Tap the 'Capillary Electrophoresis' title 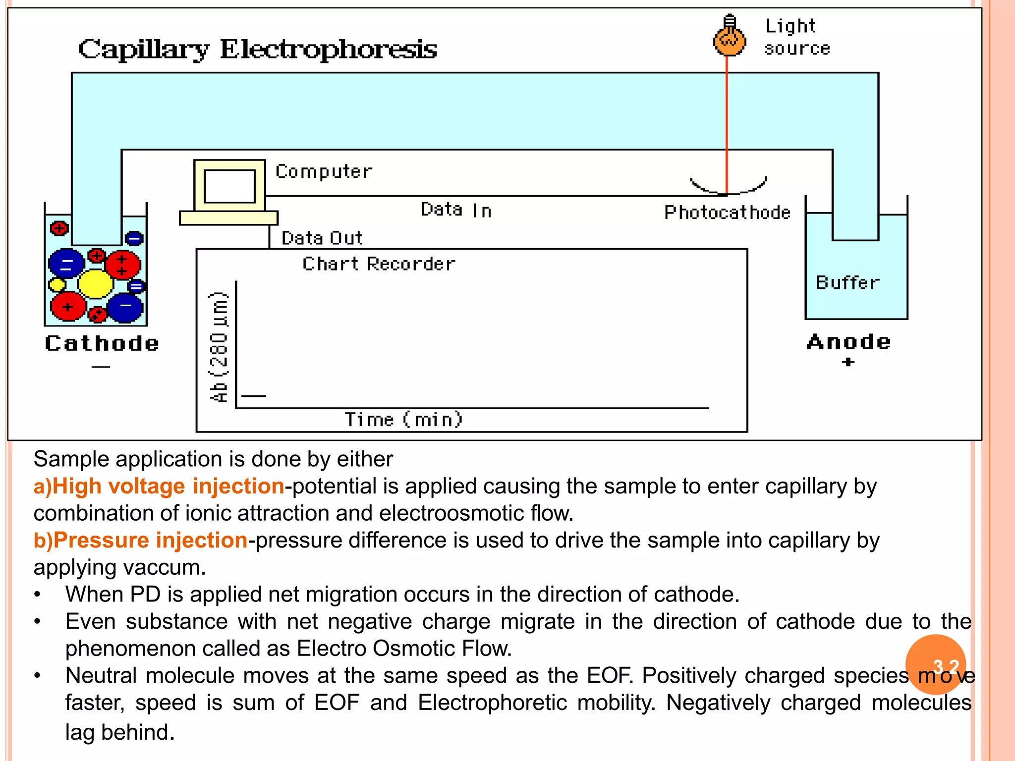point(258,50)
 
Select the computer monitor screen point(229,186)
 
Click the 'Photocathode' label point(727,213)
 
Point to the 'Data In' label point(456,210)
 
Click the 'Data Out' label point(322,238)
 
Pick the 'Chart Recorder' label point(379,264)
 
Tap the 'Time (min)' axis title point(404,420)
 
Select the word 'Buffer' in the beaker point(847,283)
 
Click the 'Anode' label point(848,342)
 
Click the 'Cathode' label point(102,343)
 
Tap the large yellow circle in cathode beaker point(96,284)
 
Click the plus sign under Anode point(848,362)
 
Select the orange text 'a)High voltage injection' point(159,486)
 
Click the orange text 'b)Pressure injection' point(140,540)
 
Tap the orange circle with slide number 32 point(935,664)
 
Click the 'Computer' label point(324,171)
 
